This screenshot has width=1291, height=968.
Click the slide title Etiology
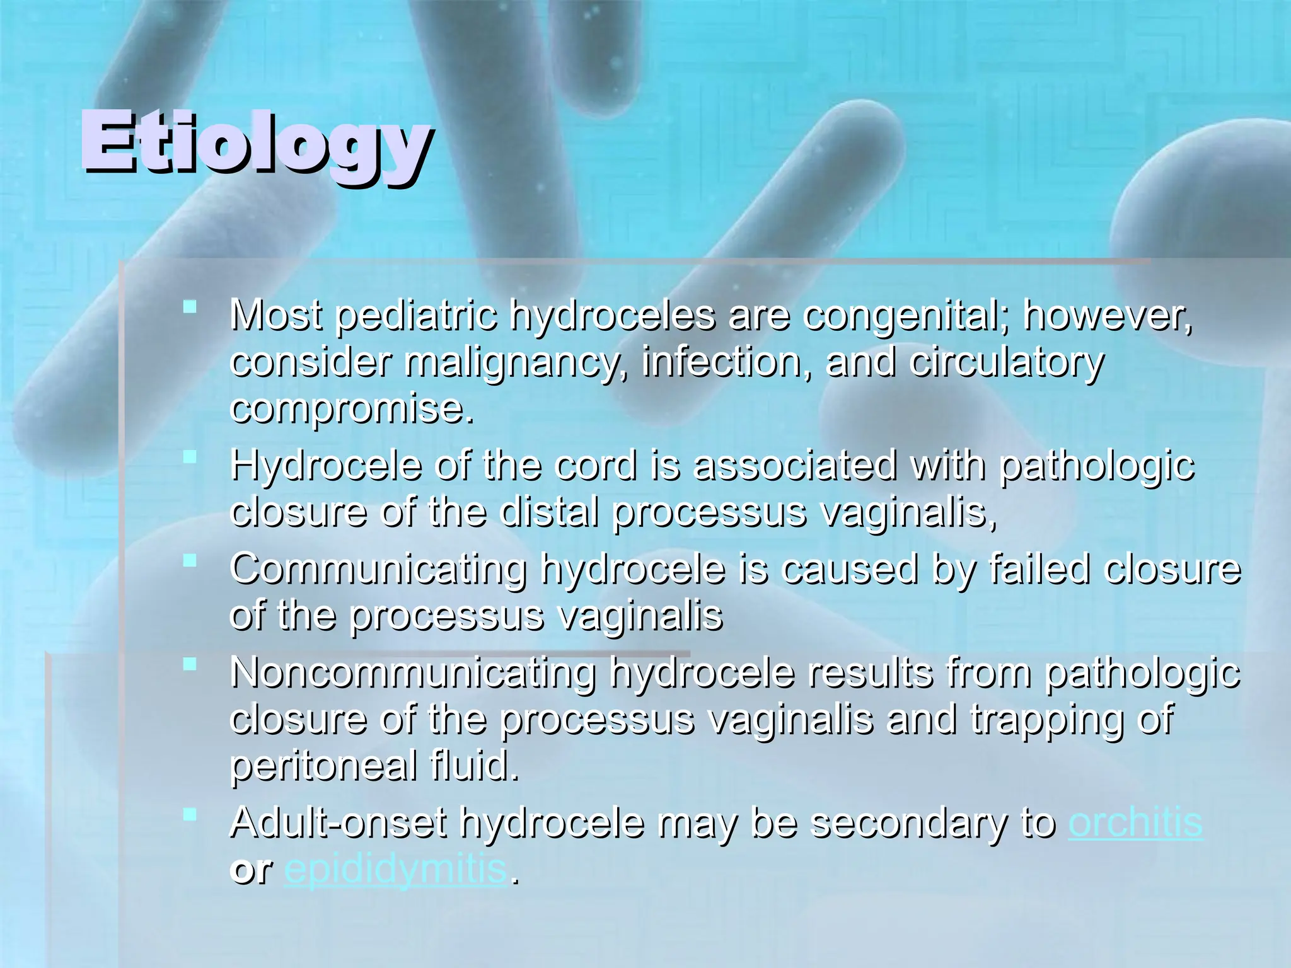(x=255, y=142)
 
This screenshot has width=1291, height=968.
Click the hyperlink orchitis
(x=1135, y=823)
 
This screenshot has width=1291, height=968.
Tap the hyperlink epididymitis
(x=396, y=870)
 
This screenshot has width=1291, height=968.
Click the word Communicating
(x=378, y=570)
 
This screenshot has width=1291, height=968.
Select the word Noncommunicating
(x=413, y=674)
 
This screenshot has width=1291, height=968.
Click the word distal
(x=548, y=512)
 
